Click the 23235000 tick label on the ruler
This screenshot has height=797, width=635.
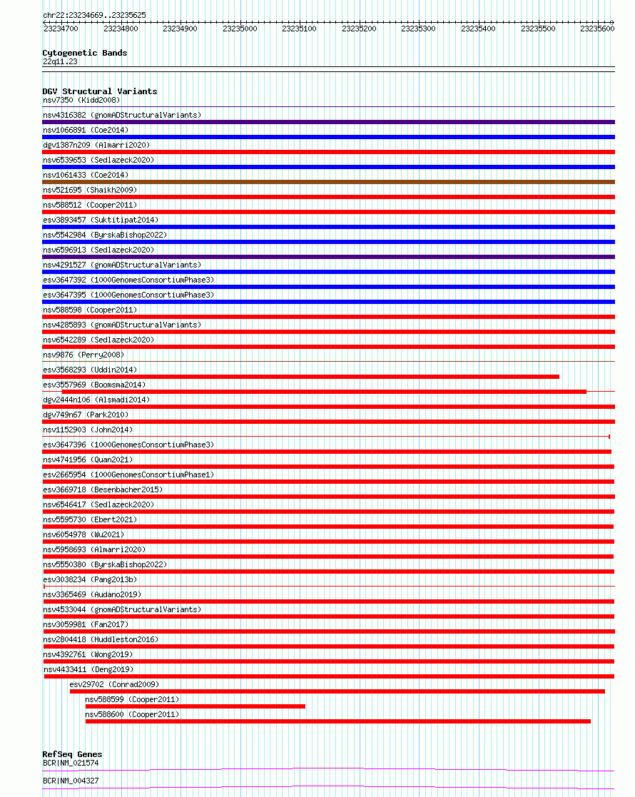[240, 29]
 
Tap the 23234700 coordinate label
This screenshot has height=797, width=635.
[61, 29]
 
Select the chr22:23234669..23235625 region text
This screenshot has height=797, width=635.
[94, 15]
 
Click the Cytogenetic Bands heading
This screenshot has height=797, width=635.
[85, 53]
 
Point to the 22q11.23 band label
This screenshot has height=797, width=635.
[60, 61]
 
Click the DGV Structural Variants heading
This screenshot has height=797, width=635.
[100, 91]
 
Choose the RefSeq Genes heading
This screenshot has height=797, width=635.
[72, 754]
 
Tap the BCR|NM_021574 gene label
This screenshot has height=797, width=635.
[71, 763]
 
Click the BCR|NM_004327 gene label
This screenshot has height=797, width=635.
[71, 781]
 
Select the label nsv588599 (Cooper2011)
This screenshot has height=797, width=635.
[132, 699]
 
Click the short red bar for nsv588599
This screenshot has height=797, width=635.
[195, 706]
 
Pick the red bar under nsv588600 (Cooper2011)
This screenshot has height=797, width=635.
[337, 721]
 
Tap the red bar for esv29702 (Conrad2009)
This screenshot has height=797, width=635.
[337, 691]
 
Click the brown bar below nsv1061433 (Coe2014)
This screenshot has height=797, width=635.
[328, 182]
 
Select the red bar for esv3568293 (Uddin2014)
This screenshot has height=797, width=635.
[300, 377]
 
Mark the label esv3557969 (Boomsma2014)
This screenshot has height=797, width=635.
[93, 385]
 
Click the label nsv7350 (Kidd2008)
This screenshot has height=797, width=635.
[81, 100]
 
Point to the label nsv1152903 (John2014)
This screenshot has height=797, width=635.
[88, 430]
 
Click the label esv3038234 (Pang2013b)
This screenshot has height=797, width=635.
[90, 579]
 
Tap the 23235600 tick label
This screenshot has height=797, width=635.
[597, 29]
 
